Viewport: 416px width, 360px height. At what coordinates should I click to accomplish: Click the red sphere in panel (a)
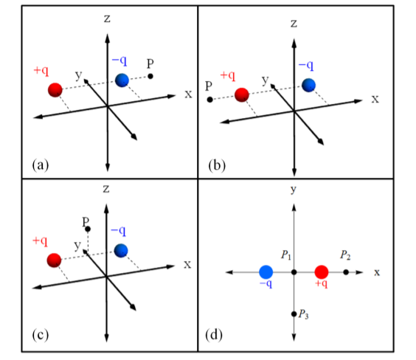pyautogui.click(x=55, y=90)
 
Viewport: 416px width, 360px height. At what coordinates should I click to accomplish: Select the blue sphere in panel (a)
pyautogui.click(x=122, y=80)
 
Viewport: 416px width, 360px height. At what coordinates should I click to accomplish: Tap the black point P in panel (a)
pyautogui.click(x=150, y=77)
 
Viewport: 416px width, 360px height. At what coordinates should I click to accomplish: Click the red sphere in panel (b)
pyautogui.click(x=242, y=95)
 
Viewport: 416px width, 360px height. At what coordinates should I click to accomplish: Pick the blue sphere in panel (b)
pyautogui.click(x=309, y=85)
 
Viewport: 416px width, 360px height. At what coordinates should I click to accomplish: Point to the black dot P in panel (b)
pyautogui.click(x=210, y=100)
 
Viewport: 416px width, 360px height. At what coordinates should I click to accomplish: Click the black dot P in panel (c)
pyautogui.click(x=88, y=229)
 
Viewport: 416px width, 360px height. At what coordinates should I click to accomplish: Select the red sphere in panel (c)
pyautogui.click(x=54, y=260)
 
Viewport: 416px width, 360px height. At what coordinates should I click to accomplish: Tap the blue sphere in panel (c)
pyautogui.click(x=121, y=251)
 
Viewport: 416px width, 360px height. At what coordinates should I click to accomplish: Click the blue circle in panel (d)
pyautogui.click(x=266, y=272)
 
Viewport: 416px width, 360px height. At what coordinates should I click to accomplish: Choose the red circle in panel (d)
pyautogui.click(x=322, y=272)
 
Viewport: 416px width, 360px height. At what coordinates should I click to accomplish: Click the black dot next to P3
pyautogui.click(x=294, y=314)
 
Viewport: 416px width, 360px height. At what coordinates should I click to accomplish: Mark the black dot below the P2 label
pyautogui.click(x=346, y=272)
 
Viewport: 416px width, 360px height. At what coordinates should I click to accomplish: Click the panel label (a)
pyautogui.click(x=41, y=165)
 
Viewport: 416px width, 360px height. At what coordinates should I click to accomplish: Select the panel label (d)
pyautogui.click(x=214, y=335)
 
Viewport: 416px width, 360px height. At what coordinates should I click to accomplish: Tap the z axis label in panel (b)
pyautogui.click(x=294, y=24)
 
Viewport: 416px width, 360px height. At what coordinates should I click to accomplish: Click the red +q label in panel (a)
pyautogui.click(x=41, y=71)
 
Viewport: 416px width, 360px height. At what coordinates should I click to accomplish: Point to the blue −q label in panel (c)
pyautogui.click(x=118, y=231)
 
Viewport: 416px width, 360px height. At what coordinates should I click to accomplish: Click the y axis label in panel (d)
pyautogui.click(x=294, y=190)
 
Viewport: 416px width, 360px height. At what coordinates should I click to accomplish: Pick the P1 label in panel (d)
pyautogui.click(x=286, y=255)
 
